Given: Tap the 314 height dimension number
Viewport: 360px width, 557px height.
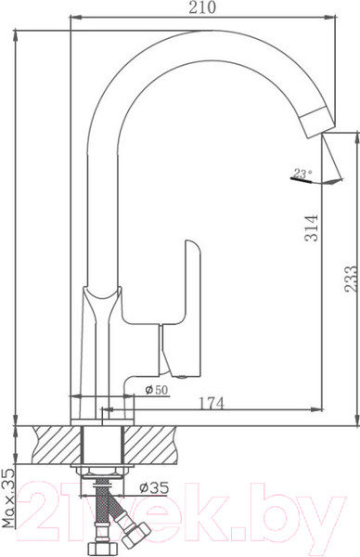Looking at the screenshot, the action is click(x=313, y=227).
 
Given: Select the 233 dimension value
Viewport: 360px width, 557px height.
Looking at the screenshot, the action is click(x=351, y=278).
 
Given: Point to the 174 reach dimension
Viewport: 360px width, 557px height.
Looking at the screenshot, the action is click(x=212, y=403).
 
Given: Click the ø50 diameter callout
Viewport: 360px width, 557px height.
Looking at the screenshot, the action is click(x=156, y=390).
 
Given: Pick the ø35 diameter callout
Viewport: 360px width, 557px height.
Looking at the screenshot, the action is click(x=154, y=488).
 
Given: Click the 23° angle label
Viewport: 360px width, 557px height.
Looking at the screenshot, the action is click(x=302, y=175).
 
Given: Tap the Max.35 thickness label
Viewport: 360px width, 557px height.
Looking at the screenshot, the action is click(x=7, y=498).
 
